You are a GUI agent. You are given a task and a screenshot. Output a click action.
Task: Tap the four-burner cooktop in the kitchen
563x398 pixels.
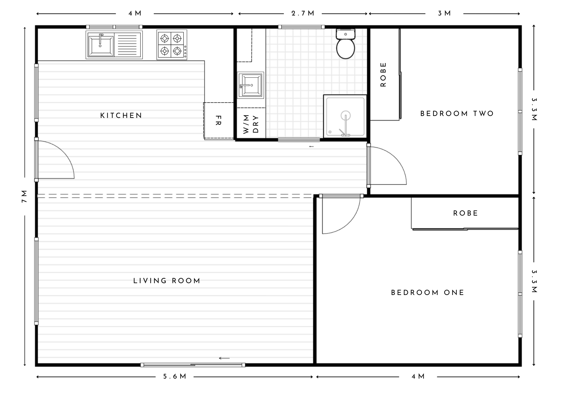pyautogui.click(x=171, y=45)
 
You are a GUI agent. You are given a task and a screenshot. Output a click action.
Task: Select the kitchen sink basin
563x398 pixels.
pyautogui.click(x=100, y=45)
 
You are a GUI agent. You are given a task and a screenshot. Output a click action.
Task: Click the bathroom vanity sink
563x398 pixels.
pyautogui.click(x=250, y=85)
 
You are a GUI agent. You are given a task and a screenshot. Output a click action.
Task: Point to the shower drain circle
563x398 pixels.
pyautogui.click(x=345, y=115)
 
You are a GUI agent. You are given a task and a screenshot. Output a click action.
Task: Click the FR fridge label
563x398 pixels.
pyautogui.click(x=218, y=120)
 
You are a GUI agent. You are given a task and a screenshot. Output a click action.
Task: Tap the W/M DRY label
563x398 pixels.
pyautogui.click(x=251, y=124)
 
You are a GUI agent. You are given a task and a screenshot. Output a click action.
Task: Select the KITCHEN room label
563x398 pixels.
pyautogui.click(x=121, y=116)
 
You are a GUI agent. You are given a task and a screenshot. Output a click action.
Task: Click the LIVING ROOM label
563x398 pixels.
pyautogui.click(x=167, y=281)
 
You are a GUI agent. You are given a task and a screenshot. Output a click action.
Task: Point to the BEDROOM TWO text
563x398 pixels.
pyautogui.click(x=457, y=114)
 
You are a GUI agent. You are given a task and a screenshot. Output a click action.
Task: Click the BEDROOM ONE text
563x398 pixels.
pyautogui.click(x=428, y=293)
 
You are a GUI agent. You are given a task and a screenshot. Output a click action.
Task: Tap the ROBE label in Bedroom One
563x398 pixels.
pyautogui.click(x=466, y=213)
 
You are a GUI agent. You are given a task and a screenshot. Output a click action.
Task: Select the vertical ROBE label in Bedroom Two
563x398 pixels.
pyautogui.click(x=383, y=75)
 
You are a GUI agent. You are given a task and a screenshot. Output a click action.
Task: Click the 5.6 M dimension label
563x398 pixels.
pyautogui.click(x=175, y=377)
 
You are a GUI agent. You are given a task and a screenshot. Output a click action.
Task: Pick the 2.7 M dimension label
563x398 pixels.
pyautogui.click(x=303, y=14)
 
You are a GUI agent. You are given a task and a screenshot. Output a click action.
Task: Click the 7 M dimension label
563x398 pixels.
pyautogui.click(x=24, y=197)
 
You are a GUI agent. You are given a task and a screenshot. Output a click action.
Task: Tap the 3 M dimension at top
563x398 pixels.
pyautogui.click(x=444, y=14)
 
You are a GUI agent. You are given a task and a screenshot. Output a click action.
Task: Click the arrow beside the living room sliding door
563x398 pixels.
pyautogui.click(x=224, y=358)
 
